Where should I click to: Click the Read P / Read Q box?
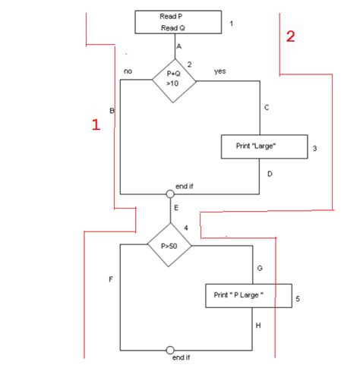[x=178, y=22]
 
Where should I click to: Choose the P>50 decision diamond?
[x=169, y=246]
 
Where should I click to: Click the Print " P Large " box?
[x=248, y=295]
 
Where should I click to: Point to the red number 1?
[x=96, y=125]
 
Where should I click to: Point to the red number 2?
[x=290, y=36]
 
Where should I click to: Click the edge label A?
[x=179, y=46]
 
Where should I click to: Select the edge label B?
[x=112, y=111]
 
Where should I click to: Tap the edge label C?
[x=267, y=109]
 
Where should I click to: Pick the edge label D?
[x=269, y=174]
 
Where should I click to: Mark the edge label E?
[x=177, y=207]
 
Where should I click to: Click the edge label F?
[x=111, y=280]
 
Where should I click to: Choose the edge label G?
[x=260, y=269]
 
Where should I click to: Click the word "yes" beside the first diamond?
[x=220, y=71]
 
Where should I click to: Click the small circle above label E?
[x=170, y=194]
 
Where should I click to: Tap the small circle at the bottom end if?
[x=170, y=351]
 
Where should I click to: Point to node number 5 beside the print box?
[x=298, y=299]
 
